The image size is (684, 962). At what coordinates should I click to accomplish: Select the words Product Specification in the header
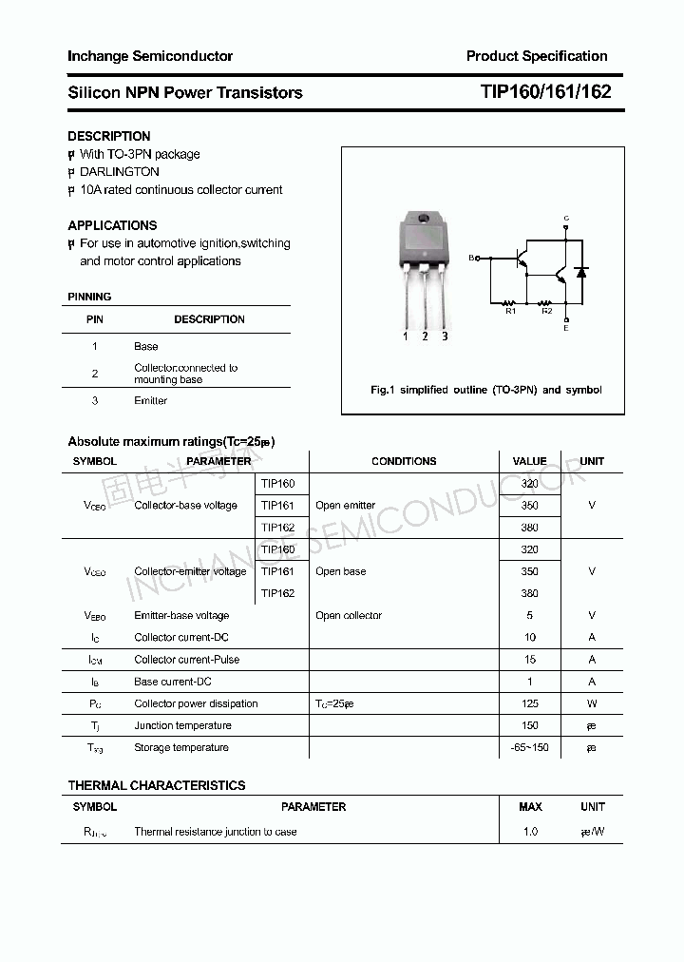pyautogui.click(x=536, y=56)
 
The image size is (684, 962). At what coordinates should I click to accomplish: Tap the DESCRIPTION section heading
pyautogui.click(x=108, y=136)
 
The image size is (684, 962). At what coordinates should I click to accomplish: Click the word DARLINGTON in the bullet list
pyautogui.click(x=120, y=172)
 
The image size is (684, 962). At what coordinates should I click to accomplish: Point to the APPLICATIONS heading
pyautogui.click(x=112, y=225)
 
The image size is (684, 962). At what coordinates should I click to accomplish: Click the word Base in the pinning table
pyautogui.click(x=145, y=346)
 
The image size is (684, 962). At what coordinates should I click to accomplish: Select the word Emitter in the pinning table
pyautogui.click(x=150, y=400)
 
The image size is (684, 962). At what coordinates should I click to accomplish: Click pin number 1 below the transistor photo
pyautogui.click(x=406, y=337)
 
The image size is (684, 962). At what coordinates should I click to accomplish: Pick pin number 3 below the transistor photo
pyautogui.click(x=445, y=337)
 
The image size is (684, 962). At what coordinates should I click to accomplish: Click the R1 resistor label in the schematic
pyautogui.click(x=510, y=311)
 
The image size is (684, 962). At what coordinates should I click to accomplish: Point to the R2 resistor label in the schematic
pyautogui.click(x=546, y=311)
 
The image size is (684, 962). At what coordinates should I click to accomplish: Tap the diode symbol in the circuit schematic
pyautogui.click(x=582, y=272)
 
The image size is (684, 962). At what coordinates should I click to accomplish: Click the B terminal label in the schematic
pyautogui.click(x=471, y=258)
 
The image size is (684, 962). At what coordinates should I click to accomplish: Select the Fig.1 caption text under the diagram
pyautogui.click(x=484, y=390)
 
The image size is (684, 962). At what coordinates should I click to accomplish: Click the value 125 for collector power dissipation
pyautogui.click(x=529, y=703)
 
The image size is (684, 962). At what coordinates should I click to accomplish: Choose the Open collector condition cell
pyautogui.click(x=349, y=615)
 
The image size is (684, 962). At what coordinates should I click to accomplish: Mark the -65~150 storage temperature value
pyautogui.click(x=529, y=747)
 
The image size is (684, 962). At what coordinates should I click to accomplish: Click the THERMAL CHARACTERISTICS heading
pyautogui.click(x=156, y=785)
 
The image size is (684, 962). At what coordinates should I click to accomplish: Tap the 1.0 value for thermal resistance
pyautogui.click(x=529, y=831)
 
